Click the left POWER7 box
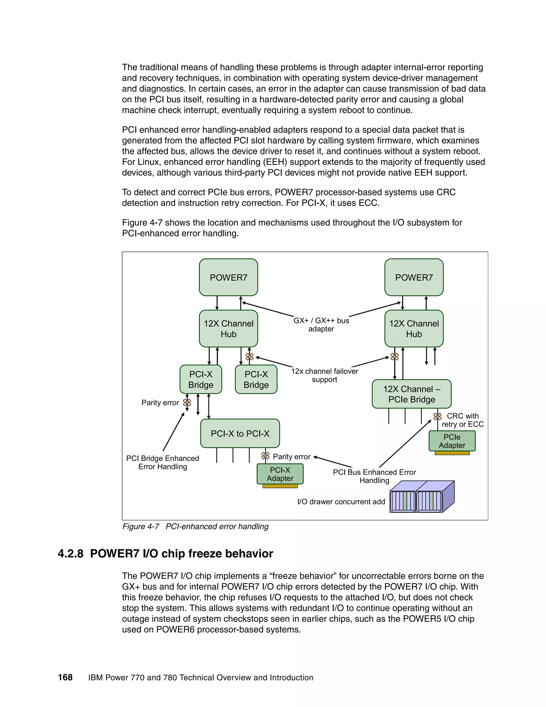click(228, 277)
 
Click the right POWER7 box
click(414, 277)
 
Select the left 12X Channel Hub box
click(228, 329)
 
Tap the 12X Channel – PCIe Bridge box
click(411, 394)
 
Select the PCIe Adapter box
click(452, 441)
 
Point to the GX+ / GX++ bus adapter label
click(321, 325)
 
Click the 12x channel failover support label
click(324, 375)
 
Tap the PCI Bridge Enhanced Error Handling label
click(163, 462)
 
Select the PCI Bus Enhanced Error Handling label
click(374, 476)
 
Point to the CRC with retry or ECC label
click(463, 420)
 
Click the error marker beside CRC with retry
click(437, 416)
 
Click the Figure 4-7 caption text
click(195, 526)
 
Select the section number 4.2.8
click(70, 554)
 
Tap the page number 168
click(65, 677)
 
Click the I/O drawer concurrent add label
click(341, 502)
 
